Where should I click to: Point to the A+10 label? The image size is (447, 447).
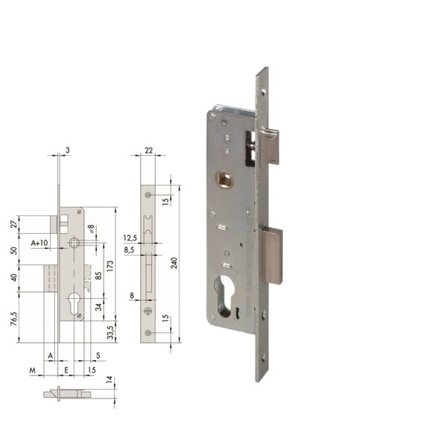[39, 244]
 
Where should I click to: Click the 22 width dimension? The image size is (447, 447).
[148, 150]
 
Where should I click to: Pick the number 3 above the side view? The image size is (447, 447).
[67, 150]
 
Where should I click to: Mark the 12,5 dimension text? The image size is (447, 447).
[130, 238]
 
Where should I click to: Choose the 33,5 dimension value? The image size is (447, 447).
[111, 331]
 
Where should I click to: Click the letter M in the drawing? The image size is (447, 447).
[33, 369]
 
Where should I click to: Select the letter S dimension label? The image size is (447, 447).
[98, 355]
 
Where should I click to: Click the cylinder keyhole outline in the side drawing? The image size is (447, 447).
[74, 305]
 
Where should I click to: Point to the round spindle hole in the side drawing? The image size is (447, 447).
[74, 243]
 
